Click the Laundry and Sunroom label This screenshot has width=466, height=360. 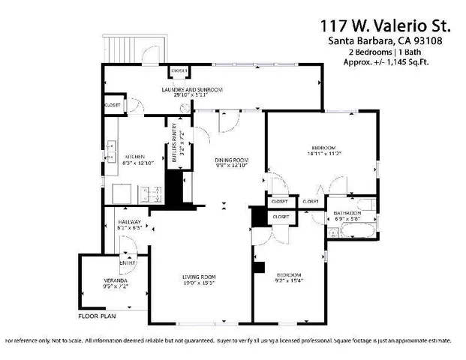[193, 90]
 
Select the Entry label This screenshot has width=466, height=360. [126, 263]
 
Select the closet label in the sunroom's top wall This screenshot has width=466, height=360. [179, 70]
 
